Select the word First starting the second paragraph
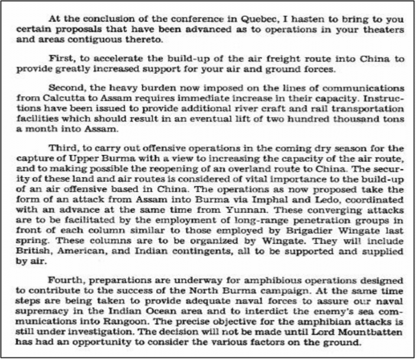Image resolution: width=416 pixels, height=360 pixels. pyautogui.click(x=60, y=58)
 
